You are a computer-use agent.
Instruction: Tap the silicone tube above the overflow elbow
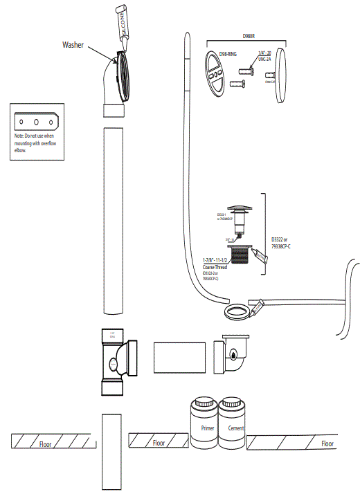click(x=126, y=28)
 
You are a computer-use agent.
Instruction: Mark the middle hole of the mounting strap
click(x=35, y=120)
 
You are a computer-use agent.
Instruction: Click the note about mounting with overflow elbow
click(x=34, y=142)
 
